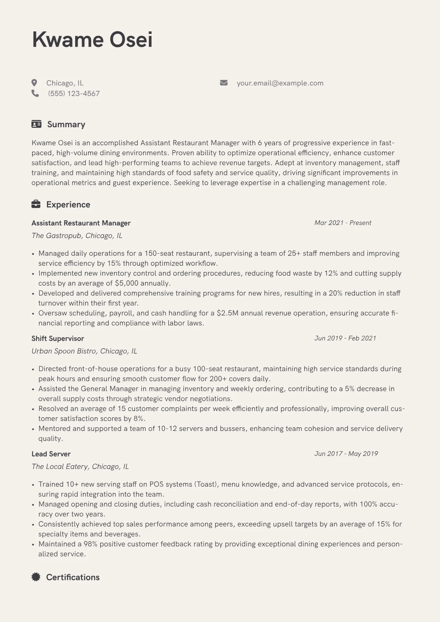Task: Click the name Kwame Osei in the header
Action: pos(92,40)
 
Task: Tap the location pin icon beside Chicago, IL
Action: pos(34,83)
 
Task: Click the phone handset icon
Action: pos(35,93)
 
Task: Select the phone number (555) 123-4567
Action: pos(74,94)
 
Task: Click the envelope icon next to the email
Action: pos(224,83)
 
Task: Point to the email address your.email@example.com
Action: pos(280,83)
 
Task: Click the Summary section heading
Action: pos(66,124)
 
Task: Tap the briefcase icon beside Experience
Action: pos(36,204)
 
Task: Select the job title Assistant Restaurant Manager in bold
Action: pos(81,223)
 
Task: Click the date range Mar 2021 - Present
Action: pos(343,223)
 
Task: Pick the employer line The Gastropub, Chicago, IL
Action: pos(77,235)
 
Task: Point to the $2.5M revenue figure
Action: pos(227,313)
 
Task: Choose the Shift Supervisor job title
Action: pos(58,339)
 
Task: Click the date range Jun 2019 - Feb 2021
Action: pos(345,338)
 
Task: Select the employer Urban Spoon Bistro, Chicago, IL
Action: pos(84,351)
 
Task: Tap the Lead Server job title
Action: pos(51,454)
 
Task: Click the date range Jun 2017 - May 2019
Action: pos(346,454)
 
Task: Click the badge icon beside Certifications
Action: pos(36,577)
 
